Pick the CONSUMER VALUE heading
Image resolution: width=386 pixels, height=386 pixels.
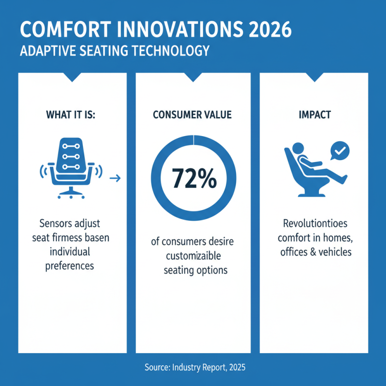193,115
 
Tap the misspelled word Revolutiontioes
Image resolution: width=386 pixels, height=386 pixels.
314,224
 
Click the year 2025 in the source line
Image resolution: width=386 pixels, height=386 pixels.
235,368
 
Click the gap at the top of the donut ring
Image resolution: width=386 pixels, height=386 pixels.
193,138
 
